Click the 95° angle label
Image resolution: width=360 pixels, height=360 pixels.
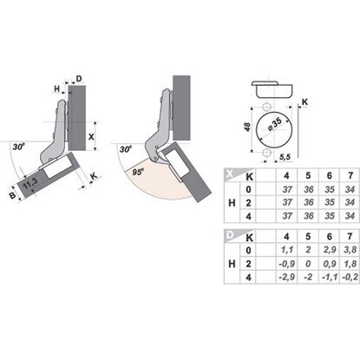point(138,172)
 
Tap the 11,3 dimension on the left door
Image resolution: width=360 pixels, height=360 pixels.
point(30,184)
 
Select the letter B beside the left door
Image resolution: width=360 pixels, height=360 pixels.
point(12,195)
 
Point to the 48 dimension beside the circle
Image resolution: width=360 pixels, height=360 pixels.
point(247,127)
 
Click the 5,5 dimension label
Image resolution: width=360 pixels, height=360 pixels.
point(285,157)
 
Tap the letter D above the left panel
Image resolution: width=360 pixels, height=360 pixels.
point(79,78)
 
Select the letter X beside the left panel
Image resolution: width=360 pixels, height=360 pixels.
point(91,136)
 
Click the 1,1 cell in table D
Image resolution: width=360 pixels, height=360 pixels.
point(286,250)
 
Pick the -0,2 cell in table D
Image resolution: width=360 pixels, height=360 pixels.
point(350,277)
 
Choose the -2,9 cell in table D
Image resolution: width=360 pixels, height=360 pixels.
point(286,277)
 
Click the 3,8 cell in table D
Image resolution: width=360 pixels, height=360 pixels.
point(350,250)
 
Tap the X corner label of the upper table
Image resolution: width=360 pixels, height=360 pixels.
point(230,173)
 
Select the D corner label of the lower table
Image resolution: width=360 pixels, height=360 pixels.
point(230,235)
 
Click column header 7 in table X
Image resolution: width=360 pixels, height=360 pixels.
point(350,175)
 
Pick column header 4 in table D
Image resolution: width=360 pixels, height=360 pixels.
point(286,237)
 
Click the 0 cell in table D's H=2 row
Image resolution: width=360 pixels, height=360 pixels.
point(308,264)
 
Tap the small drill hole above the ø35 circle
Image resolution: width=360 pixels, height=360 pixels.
point(266,106)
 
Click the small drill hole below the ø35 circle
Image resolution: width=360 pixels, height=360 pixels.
point(266,153)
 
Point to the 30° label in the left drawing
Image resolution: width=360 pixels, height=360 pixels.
point(18,147)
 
